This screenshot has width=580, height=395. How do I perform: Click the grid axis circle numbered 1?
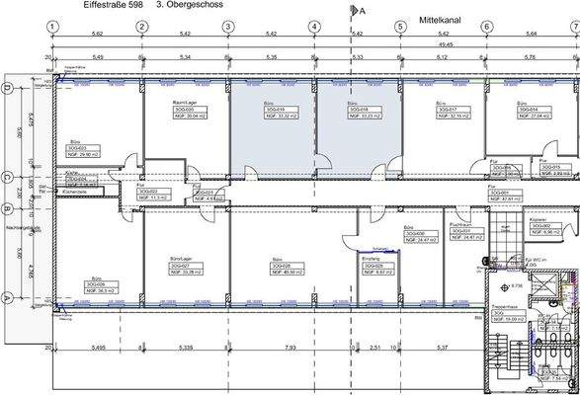click(x=55, y=27)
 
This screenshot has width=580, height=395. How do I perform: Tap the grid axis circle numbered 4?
click(x=314, y=27)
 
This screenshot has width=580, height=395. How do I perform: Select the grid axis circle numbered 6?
click(x=487, y=27)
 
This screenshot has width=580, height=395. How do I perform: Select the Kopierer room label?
click(x=539, y=218)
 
